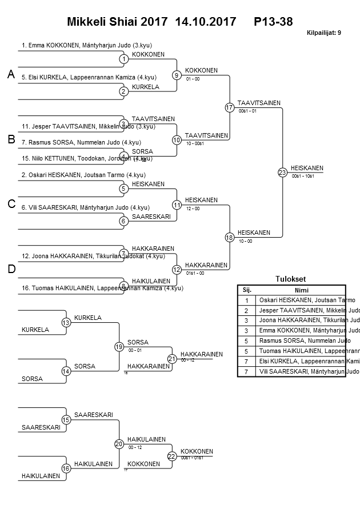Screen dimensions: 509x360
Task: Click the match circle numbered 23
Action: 282,172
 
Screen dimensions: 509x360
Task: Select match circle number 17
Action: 230,107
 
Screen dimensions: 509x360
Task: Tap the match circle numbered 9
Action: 177,75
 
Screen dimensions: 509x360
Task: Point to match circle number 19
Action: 119,346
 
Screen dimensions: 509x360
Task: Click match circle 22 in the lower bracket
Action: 172,456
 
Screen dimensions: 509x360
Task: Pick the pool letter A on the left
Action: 10,74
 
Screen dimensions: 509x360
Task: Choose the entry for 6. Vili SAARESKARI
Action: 86,207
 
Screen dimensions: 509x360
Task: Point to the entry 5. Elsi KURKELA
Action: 89,77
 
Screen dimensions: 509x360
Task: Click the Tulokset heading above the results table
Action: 290,279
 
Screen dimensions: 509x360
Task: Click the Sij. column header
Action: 247,290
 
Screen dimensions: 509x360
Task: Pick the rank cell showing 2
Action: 247,310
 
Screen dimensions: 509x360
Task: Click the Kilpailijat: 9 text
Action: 323,33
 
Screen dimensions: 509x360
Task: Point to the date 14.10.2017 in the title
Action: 206,22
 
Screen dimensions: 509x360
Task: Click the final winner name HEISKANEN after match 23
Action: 307,168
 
